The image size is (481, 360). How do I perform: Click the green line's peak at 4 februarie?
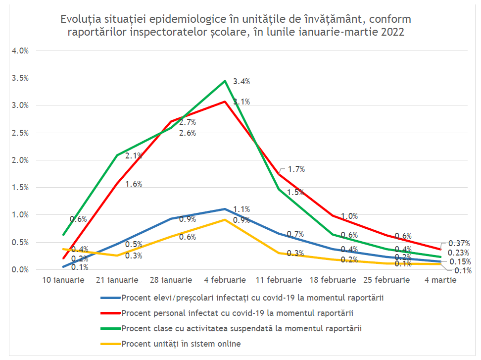tap(225, 81)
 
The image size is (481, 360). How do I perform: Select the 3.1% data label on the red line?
tap(241, 102)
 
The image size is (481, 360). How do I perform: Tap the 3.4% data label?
tap(241, 82)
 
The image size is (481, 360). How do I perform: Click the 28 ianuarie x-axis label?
tap(171, 280)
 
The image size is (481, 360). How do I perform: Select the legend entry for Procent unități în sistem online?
tap(181, 344)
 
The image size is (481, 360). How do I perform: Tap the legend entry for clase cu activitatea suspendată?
tap(241, 328)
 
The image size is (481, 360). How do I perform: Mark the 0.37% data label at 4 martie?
tap(458, 243)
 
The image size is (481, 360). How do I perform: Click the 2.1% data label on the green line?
tap(134, 155)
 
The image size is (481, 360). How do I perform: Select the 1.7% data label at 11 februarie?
tap(296, 169)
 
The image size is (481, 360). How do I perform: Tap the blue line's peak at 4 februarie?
tap(225, 209)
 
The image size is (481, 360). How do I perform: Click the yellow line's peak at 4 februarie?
tap(225, 219)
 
